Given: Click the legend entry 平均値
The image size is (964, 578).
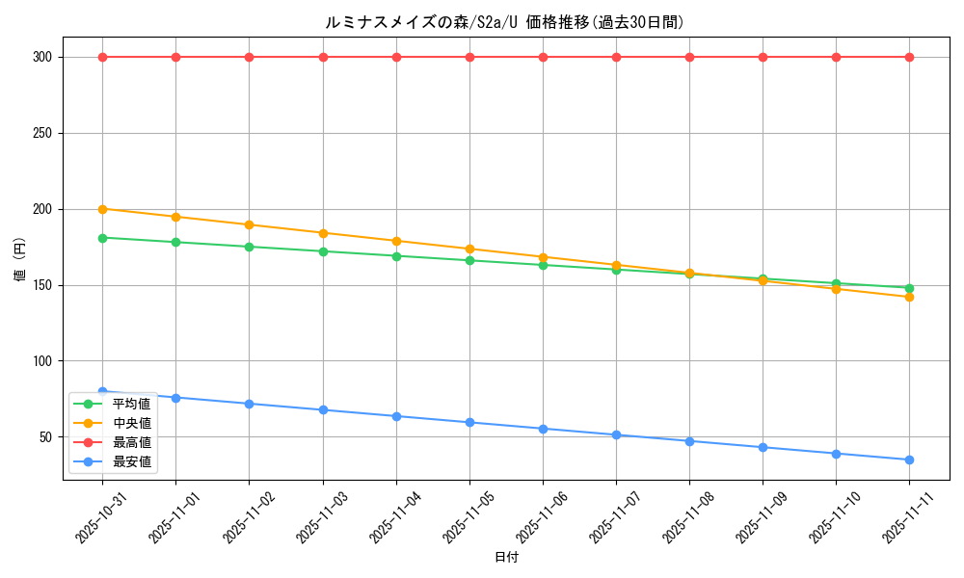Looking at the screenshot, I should pos(131,404).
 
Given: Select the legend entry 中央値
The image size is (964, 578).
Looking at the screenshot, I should pos(131,423).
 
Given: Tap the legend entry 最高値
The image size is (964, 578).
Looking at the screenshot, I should pos(131,442).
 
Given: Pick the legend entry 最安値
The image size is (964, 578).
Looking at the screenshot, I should pos(131,461).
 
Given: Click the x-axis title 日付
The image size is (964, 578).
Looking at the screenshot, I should pos(506,557).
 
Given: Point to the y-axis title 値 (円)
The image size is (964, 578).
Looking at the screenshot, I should pos(19,260).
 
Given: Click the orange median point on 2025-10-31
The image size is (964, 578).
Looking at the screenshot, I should pos(102,209).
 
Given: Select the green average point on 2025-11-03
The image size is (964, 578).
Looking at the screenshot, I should pos(323,251).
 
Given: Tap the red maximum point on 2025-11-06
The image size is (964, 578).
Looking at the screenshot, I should pos(543,57).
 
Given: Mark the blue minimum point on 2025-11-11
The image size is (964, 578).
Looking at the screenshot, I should pos(909,460).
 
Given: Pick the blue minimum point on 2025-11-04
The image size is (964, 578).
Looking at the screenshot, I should pos(396,416).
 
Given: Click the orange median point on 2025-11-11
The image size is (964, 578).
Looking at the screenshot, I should pos(909,297).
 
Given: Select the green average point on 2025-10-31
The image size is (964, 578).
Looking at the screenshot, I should pos(102,237).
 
